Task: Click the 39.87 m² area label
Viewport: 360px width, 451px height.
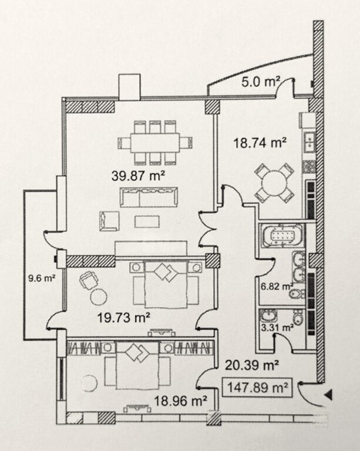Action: [137, 174]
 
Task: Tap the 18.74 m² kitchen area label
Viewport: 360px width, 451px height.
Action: [261, 143]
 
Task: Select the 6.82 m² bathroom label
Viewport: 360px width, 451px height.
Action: [276, 287]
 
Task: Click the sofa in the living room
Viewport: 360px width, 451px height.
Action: [149, 197]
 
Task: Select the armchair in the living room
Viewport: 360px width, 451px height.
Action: [109, 220]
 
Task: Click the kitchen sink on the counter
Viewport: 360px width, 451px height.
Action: [308, 142]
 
